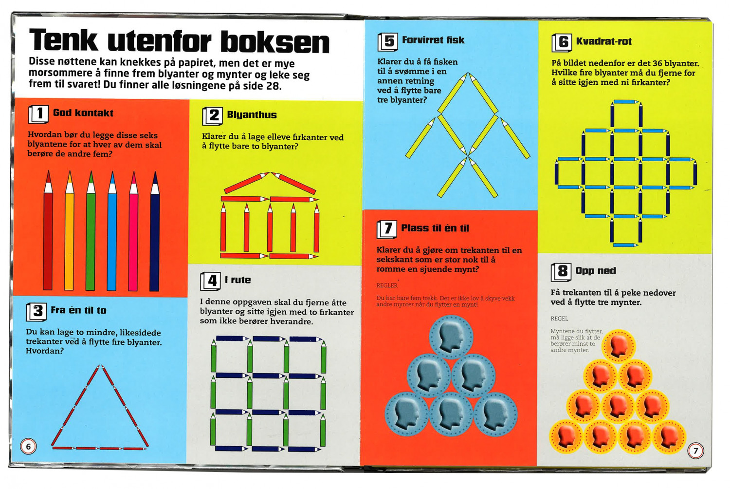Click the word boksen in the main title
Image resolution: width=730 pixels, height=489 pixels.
(275, 42)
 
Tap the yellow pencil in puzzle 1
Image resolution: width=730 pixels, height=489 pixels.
(69, 230)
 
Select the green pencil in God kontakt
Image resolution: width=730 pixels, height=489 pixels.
(91, 230)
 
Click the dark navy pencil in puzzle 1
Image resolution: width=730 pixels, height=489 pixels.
(155, 231)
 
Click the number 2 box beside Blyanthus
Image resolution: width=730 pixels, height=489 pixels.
(213, 116)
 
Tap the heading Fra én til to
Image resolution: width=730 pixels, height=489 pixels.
(78, 310)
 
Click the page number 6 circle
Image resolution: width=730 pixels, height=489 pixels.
(28, 447)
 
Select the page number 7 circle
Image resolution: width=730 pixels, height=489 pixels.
(695, 451)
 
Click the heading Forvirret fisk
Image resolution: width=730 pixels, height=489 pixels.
(433, 40)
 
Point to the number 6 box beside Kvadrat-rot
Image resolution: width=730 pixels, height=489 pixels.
(562, 42)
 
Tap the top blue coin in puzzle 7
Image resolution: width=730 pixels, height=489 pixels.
(451, 337)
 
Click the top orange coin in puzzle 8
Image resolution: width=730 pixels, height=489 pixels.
(618, 346)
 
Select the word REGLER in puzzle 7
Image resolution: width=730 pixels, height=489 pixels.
(387, 285)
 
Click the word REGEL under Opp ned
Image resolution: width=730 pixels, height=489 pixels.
(559, 319)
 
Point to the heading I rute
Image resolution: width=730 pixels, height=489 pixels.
(238, 280)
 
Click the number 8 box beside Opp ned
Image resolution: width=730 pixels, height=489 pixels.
(561, 272)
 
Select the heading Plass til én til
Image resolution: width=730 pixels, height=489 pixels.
(435, 228)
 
